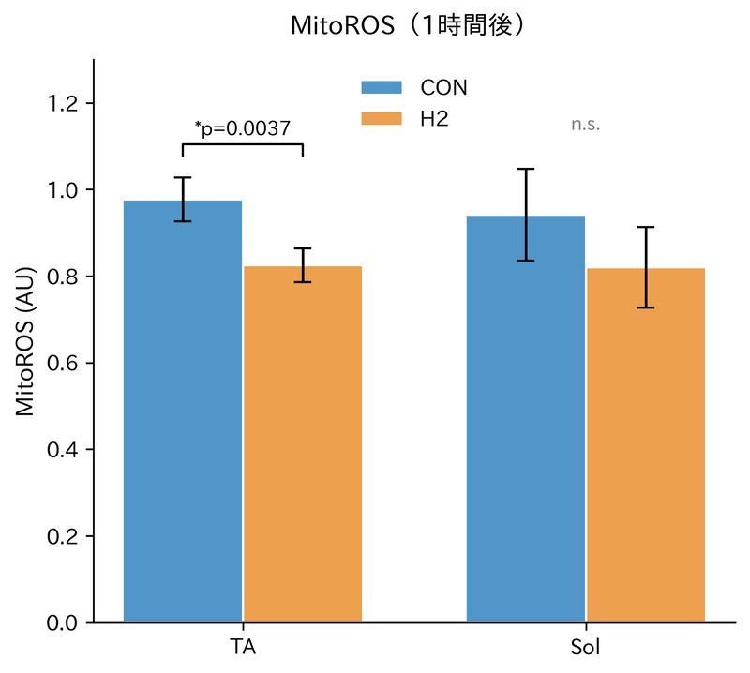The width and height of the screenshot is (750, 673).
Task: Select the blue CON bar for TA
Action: click(183, 412)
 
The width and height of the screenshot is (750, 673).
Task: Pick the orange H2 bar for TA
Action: click(303, 445)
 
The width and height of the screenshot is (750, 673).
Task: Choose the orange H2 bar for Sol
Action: click(646, 446)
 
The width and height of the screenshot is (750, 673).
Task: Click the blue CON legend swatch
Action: click(382, 87)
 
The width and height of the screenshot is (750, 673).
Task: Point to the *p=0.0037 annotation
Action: click(243, 127)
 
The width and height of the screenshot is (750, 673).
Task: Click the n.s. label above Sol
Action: click(586, 125)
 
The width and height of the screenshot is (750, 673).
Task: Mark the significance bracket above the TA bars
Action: click(243, 144)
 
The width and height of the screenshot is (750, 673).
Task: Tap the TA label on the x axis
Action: click(243, 648)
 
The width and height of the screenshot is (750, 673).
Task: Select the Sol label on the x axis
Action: click(586, 648)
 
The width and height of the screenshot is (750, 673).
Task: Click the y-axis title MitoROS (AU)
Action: click(25, 341)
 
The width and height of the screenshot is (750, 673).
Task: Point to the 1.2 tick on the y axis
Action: click(64, 103)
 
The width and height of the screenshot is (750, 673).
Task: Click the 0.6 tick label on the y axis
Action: click(64, 363)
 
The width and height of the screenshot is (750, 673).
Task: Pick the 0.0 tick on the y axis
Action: click(64, 622)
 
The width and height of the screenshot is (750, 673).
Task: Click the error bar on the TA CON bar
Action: click(183, 199)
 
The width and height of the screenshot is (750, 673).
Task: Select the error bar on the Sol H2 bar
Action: click(646, 267)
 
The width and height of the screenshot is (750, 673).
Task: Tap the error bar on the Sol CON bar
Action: click(526, 215)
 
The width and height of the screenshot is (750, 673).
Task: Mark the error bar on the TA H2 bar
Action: click(303, 265)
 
